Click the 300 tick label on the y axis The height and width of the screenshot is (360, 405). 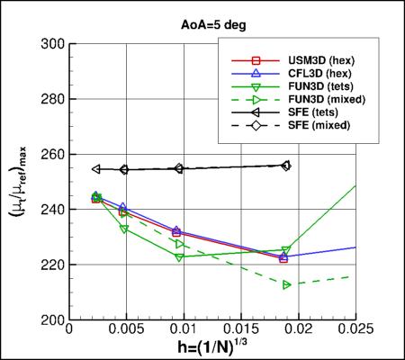tap(52, 43)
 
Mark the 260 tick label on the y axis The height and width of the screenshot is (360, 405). tap(52, 154)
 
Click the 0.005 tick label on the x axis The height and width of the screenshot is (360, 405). tap(126, 333)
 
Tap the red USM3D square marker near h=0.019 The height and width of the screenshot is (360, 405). tap(283, 258)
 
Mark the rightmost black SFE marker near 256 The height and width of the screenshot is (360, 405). tap(286, 166)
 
